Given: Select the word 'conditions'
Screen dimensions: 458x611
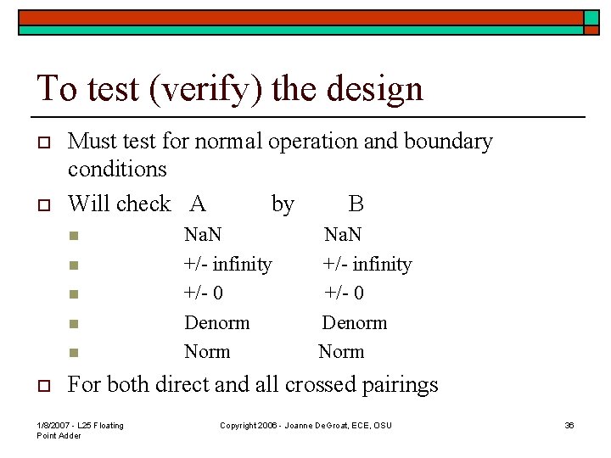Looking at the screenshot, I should [x=117, y=169].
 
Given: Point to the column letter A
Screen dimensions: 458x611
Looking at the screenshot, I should [x=198, y=204].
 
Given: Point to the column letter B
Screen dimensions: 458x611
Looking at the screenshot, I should [x=356, y=204].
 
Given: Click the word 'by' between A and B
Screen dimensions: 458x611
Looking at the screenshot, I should [x=283, y=204].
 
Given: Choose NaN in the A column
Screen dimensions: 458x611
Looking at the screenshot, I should [x=204, y=233].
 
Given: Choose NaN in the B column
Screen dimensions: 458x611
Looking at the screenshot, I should [x=344, y=233].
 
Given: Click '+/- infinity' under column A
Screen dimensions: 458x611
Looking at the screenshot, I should [x=228, y=264].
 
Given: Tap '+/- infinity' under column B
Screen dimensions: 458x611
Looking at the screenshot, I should [x=367, y=264].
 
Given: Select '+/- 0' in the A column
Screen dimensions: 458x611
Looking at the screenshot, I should [x=205, y=293].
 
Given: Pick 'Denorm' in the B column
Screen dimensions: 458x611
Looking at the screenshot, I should [x=354, y=322].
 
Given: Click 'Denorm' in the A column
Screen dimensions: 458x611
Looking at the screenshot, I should [x=217, y=322].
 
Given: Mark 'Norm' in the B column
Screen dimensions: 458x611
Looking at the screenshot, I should [x=341, y=351].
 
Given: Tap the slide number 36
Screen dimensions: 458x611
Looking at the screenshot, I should [x=569, y=425].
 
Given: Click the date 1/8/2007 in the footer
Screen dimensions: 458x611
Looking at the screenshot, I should [x=57, y=425].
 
